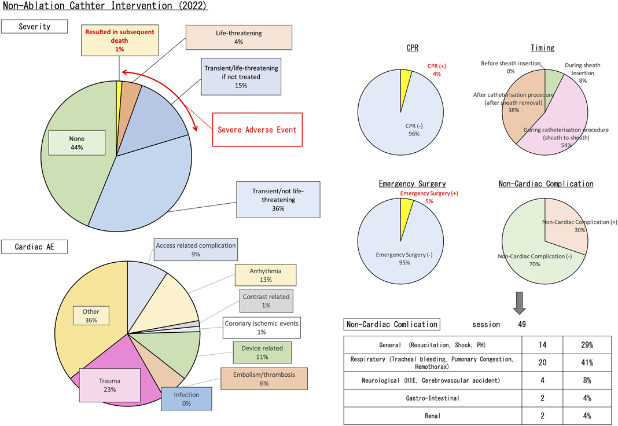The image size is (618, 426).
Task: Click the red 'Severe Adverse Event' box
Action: [x=257, y=129]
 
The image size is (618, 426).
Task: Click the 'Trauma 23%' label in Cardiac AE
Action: [x=109, y=385]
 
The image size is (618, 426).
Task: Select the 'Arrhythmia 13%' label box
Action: [x=266, y=276]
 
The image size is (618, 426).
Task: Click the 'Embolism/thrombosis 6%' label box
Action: [x=264, y=378]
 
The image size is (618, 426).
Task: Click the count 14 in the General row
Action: [x=543, y=345]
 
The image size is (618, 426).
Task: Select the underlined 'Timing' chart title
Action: [x=542, y=48]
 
